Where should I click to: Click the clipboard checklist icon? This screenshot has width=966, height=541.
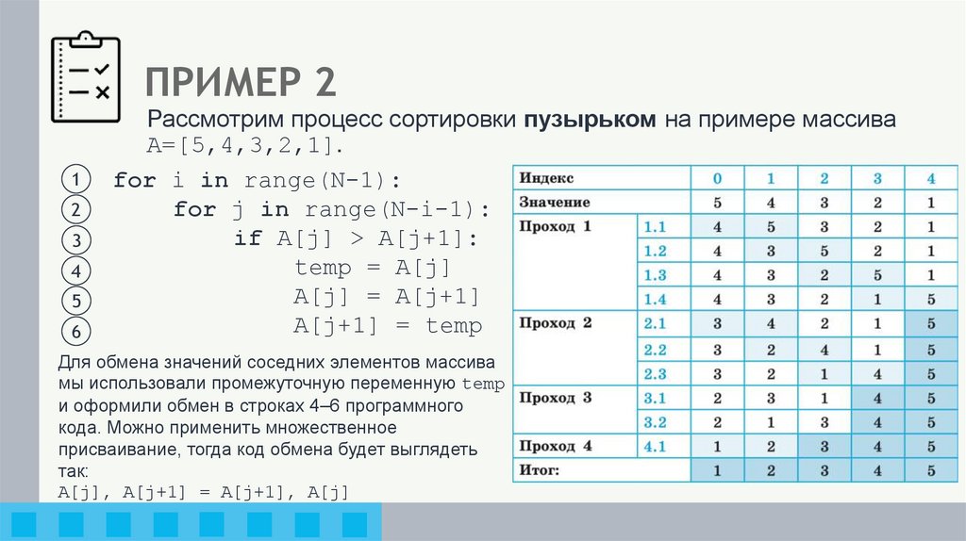[x=85, y=78]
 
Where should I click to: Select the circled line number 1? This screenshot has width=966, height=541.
[x=74, y=179]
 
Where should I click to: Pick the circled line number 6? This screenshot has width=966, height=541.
[x=74, y=332]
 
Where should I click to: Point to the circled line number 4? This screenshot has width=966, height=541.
[x=74, y=271]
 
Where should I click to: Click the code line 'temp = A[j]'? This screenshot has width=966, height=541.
[x=374, y=267]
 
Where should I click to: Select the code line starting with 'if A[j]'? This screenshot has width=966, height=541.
[x=357, y=238]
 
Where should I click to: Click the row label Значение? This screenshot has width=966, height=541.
[x=555, y=202]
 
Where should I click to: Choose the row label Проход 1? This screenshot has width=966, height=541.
[x=556, y=226]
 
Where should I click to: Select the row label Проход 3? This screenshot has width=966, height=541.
[x=556, y=397]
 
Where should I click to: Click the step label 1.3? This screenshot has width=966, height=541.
[x=655, y=275]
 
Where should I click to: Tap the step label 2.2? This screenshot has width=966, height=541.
[x=655, y=349]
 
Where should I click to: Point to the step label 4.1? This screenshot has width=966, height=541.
[x=655, y=445]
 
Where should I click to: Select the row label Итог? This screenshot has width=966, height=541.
[x=540, y=468]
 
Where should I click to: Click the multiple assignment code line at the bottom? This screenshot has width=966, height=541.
[x=204, y=492]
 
